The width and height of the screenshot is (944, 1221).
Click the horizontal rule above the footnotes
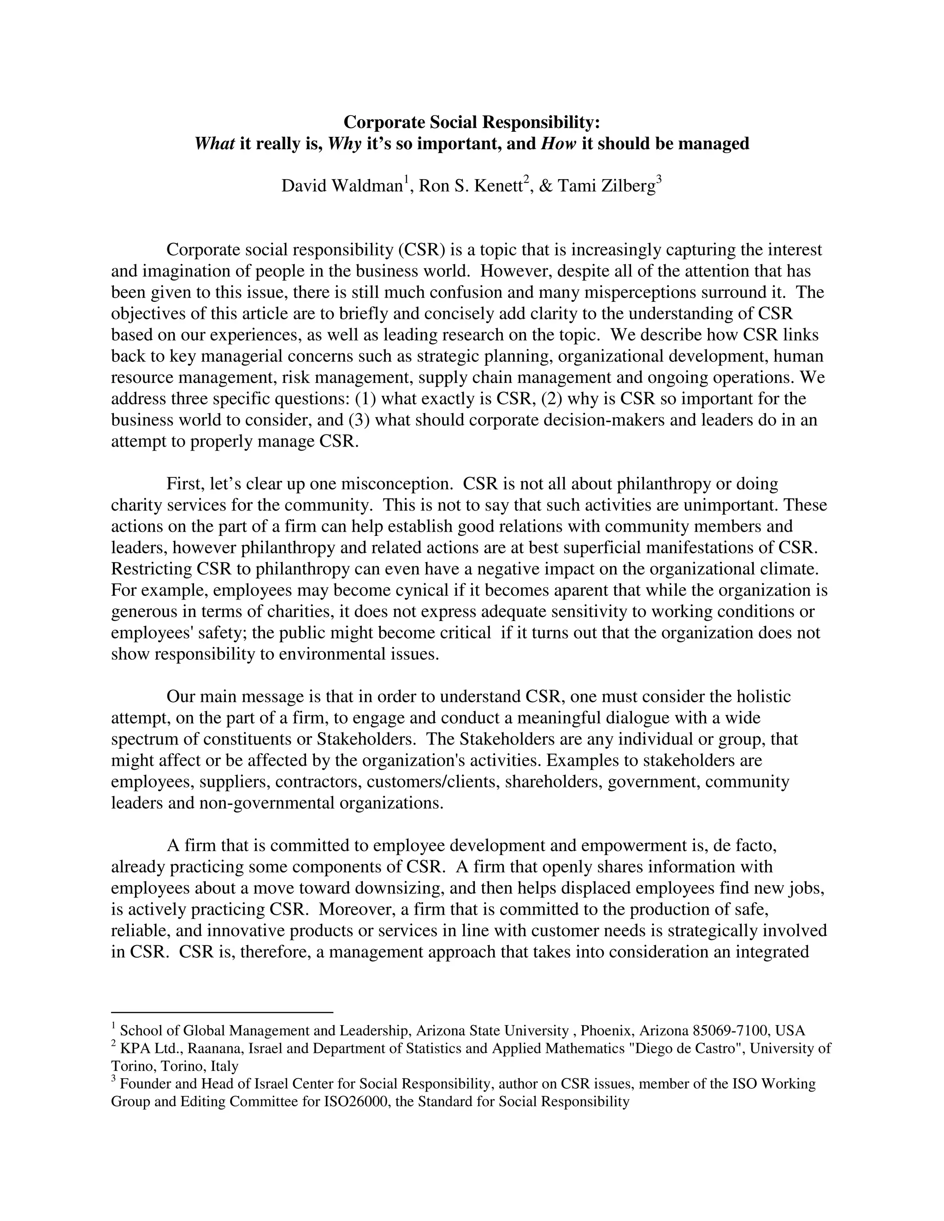pyautogui.click(x=222, y=1012)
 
